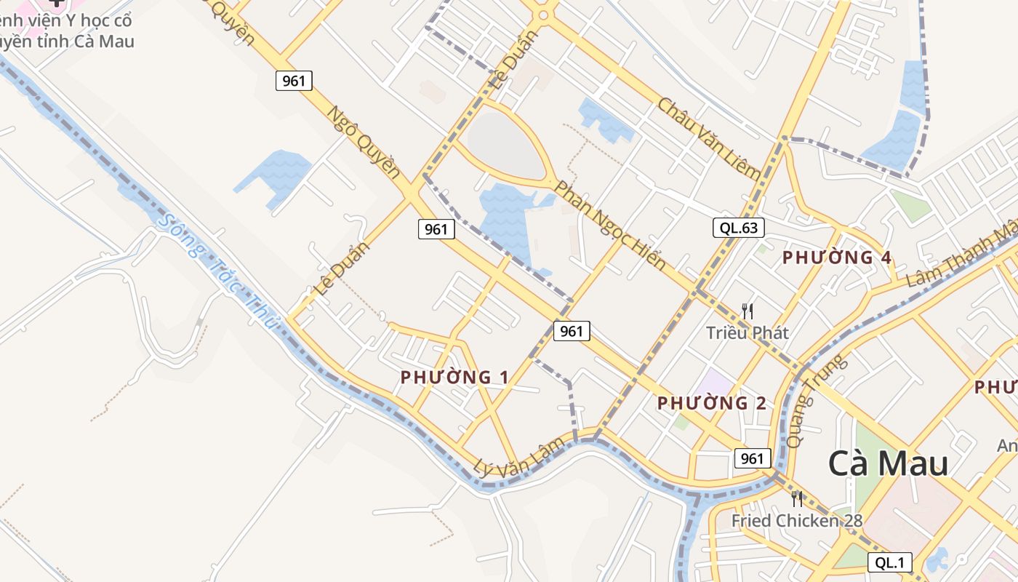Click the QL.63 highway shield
[x=738, y=228]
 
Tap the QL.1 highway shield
[x=889, y=562]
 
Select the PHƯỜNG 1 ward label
[x=454, y=377]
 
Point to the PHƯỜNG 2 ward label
[x=711, y=403]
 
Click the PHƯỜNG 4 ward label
[x=836, y=258]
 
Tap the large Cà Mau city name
[x=888, y=463]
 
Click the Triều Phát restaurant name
[x=748, y=332]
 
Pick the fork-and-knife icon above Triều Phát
[x=747, y=311]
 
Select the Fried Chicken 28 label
[x=796, y=520]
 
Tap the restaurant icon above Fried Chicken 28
[x=797, y=499]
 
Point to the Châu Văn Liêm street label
[x=708, y=138]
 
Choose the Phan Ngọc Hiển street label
[x=609, y=226]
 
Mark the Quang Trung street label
[x=817, y=399]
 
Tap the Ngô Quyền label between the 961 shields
[x=364, y=143]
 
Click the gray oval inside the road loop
[x=504, y=144]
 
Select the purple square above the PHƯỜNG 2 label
[x=716, y=382]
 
